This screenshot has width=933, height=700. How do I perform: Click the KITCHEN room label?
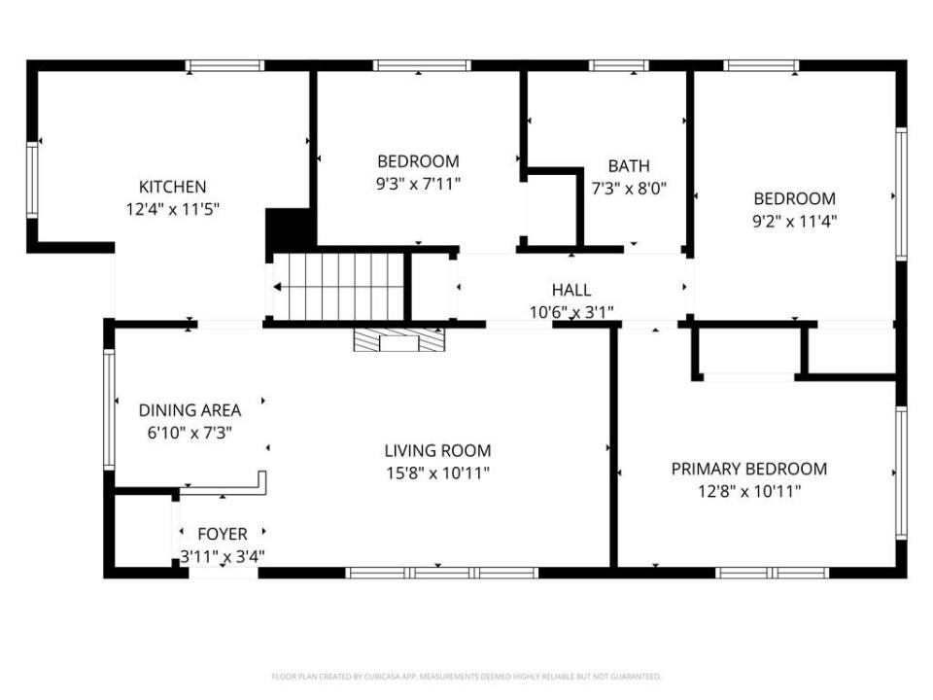point(172,187)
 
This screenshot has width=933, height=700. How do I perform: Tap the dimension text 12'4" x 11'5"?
point(172,209)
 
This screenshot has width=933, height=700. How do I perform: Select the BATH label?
point(629,166)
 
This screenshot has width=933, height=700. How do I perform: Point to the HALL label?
point(570,290)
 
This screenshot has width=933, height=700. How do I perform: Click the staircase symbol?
point(338,287)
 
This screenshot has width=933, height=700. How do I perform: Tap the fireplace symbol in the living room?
point(399,339)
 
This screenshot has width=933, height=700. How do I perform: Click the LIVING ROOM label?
point(437,451)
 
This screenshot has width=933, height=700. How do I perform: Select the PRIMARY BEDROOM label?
point(748,470)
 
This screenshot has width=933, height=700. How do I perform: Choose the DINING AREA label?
point(190,410)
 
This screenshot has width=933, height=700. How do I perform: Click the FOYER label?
point(222,534)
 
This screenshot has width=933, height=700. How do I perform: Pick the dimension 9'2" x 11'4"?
point(795,221)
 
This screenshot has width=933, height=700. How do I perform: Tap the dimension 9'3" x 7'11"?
point(418,183)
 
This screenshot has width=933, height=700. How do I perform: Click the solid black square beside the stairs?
point(289,230)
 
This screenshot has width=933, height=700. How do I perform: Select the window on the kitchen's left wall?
point(32,179)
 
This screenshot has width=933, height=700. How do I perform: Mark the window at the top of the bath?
point(619,66)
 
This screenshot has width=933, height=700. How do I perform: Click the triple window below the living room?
point(442,573)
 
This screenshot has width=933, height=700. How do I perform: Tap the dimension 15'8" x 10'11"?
point(437,473)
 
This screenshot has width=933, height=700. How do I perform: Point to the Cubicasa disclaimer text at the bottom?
point(466,677)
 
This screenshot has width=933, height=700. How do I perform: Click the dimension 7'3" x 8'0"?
point(629,189)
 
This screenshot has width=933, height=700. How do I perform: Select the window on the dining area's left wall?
point(110,409)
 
